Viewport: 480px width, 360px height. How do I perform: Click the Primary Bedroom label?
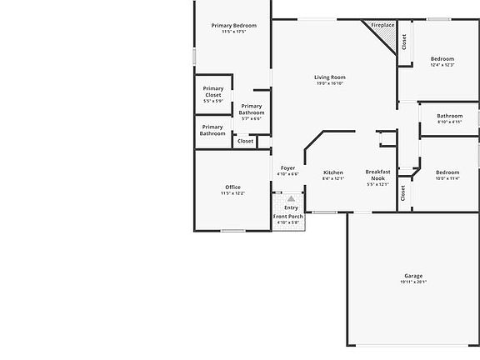[233, 26]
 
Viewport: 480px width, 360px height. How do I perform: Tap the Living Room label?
[330, 77]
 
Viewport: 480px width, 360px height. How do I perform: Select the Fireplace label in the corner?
[382, 26]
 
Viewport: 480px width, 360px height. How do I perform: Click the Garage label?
[413, 276]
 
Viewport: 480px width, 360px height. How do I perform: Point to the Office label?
[232, 187]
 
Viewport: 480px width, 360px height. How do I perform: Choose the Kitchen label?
[332, 172]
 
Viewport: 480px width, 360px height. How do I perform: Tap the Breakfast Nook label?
[377, 174]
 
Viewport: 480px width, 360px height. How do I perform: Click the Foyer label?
[287, 168]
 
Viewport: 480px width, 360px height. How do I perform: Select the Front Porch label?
[289, 217]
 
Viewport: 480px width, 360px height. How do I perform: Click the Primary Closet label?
[212, 92]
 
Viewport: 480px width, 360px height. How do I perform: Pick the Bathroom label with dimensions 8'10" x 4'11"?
[449, 116]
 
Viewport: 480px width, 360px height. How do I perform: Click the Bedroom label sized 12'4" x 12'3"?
[442, 59]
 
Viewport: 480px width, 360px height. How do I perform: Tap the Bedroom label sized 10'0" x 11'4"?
[447, 172]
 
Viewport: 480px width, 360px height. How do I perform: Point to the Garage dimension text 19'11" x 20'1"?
[413, 282]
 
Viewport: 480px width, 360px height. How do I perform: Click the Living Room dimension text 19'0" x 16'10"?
[330, 83]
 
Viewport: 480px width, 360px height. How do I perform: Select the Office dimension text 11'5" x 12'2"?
[232, 193]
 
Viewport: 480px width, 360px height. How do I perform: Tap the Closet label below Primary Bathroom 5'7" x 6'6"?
[245, 141]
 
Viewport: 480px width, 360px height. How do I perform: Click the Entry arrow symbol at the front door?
[291, 199]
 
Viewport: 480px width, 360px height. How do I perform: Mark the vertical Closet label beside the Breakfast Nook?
[403, 193]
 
